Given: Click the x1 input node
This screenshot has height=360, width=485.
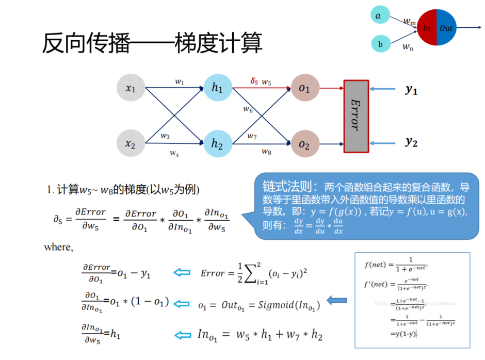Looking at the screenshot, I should (131, 88).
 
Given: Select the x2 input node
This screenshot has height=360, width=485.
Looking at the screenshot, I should (131, 143).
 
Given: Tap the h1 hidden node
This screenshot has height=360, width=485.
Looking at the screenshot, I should (217, 88).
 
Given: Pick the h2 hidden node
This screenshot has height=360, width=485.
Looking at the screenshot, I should (217, 143).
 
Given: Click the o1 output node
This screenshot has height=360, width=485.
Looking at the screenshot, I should (304, 88).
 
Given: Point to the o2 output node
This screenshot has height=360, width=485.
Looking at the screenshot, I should (304, 143).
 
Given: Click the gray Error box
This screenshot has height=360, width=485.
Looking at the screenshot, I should (356, 116).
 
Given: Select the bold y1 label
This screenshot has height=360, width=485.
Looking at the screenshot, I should (411, 90).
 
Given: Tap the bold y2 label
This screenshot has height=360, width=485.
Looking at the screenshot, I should (411, 141).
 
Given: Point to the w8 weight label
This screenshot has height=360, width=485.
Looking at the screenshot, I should (266, 151).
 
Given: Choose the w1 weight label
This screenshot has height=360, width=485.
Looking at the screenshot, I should (179, 81).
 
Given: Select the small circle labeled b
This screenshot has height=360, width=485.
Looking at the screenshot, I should (380, 44).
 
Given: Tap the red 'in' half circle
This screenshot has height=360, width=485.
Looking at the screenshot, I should (427, 28).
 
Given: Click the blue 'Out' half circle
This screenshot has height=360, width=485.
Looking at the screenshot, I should (446, 28).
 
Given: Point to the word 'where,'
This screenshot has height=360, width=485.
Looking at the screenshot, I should (58, 247).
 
